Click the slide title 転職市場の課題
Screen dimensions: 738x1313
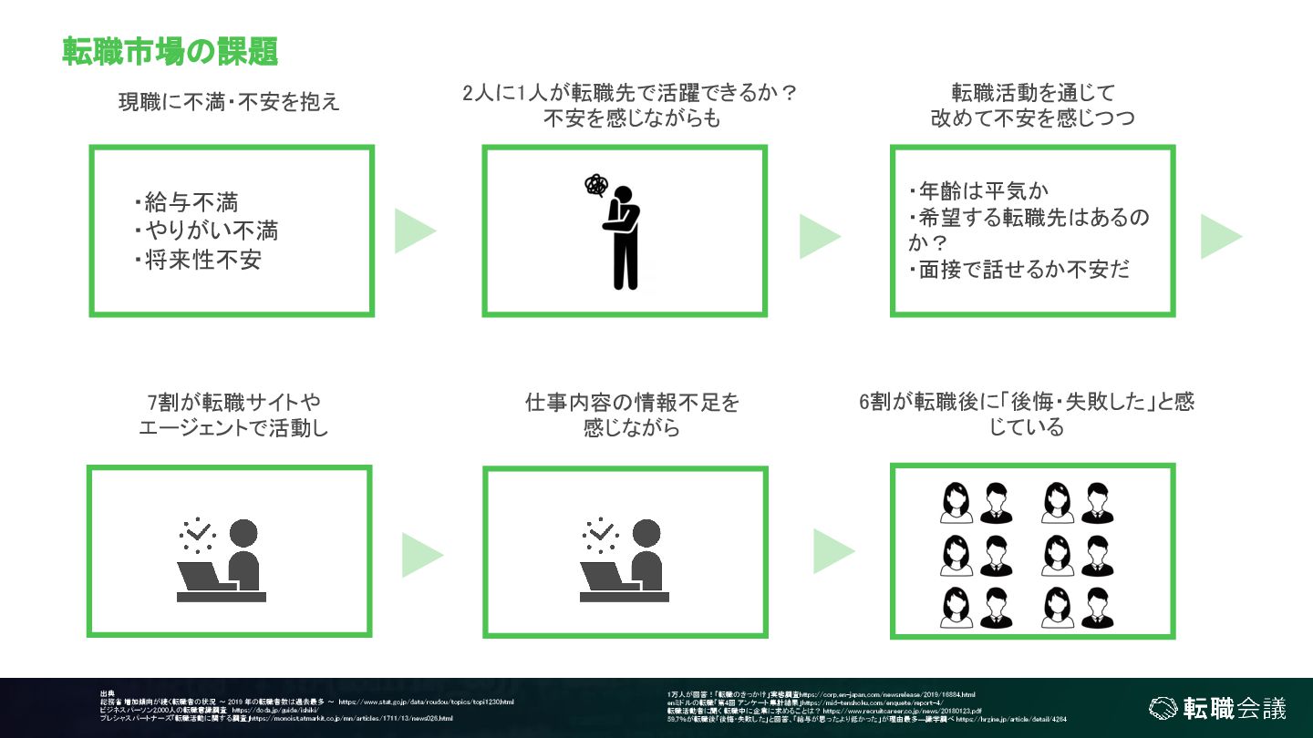170,52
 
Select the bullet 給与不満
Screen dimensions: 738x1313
191,201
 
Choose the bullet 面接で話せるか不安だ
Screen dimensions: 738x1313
1018,270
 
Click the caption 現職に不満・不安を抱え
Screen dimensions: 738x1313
229,101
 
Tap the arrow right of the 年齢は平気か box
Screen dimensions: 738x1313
1220,237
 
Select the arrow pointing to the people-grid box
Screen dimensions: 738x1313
833,551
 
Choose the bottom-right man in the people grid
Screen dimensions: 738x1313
1097,607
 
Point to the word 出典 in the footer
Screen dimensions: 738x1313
108,693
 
